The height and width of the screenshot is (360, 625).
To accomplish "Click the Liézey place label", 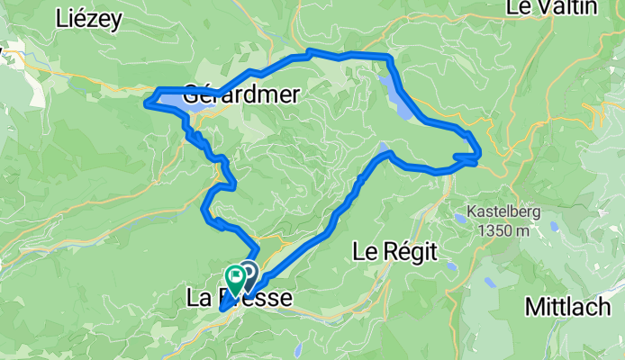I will pos(87,17).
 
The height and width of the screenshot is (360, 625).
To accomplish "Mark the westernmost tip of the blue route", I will pos(144,103).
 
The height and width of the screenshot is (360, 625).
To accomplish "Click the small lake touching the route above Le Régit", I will pos(385,148).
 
